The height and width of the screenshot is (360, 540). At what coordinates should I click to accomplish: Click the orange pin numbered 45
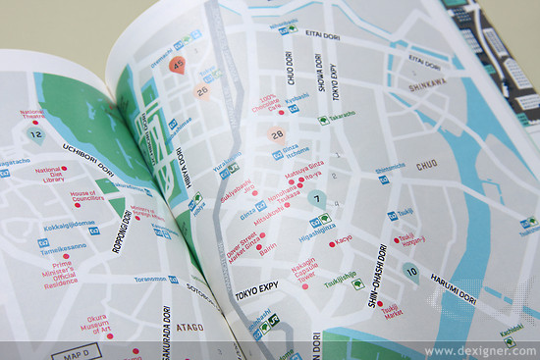tap(178, 66)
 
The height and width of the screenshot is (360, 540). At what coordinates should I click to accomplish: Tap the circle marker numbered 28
tap(277, 135)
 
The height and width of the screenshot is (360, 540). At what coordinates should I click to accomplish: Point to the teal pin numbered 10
tap(410, 272)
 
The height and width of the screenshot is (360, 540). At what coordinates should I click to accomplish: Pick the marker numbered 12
tap(36, 134)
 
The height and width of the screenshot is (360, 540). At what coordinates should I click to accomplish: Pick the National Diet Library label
tap(49, 176)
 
